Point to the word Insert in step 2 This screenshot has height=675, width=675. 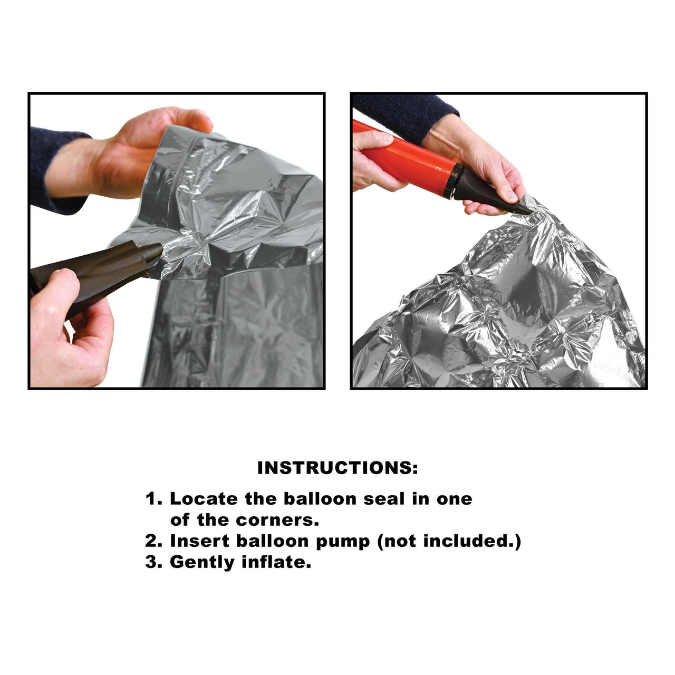200,541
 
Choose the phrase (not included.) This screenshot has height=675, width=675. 449,542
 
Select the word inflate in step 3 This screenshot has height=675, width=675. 276,562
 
